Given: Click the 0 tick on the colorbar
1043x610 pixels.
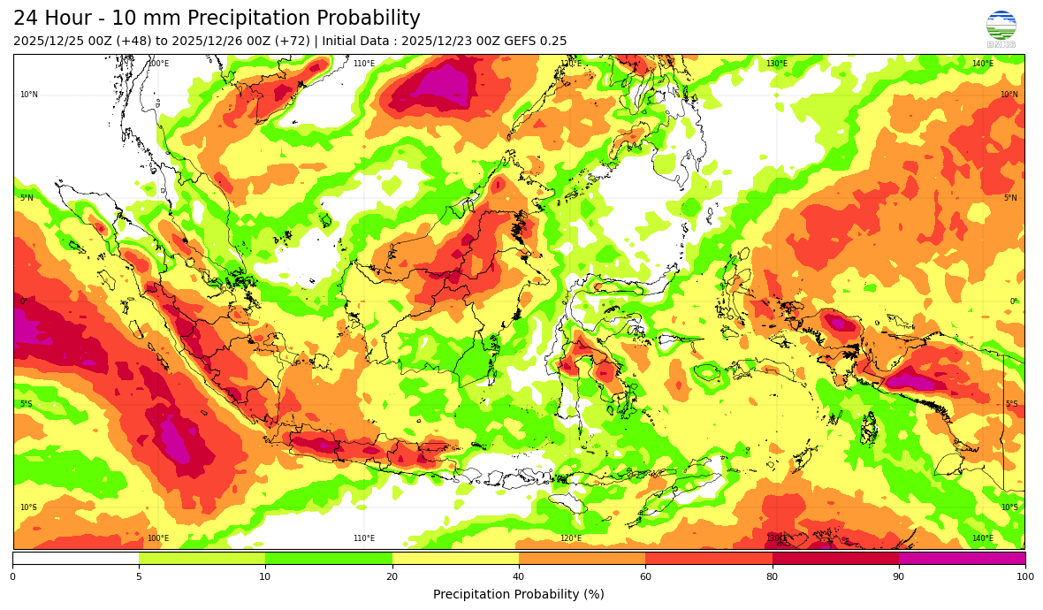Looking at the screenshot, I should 12,577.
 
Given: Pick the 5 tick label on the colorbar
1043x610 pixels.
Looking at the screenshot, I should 139,577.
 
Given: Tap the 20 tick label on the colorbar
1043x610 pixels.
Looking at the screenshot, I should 392,577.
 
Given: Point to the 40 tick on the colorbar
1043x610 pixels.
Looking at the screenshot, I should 519,577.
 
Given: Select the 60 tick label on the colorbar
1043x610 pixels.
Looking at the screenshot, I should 645,577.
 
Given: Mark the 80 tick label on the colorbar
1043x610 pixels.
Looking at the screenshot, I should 773,577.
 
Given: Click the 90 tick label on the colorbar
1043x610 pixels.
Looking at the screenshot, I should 899,577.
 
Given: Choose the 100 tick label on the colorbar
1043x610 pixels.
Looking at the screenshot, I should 1024,577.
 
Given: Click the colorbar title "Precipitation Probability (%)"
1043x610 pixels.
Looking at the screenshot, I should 519,594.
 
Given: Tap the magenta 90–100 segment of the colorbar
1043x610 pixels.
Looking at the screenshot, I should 962,558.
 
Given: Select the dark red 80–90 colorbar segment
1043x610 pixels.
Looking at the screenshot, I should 835,558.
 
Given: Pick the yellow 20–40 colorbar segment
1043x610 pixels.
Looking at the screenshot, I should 455,558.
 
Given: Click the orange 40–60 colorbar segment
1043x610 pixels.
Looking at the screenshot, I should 582,558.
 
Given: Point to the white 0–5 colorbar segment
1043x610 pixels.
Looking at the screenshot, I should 75,558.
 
